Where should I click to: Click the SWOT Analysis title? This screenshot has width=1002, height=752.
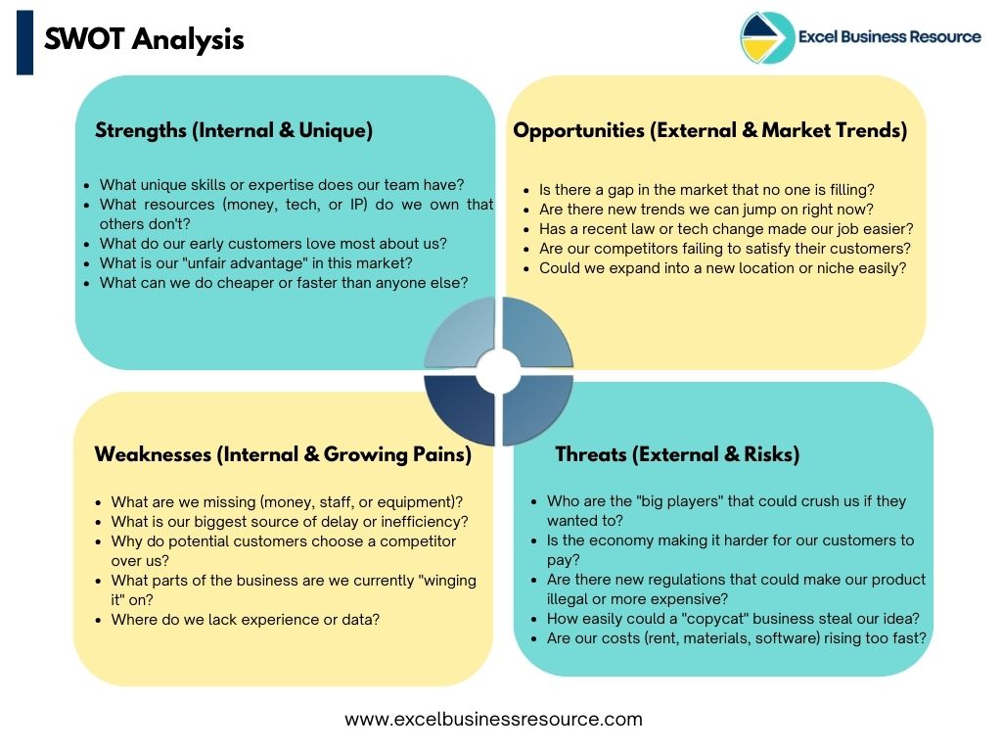tap(144, 39)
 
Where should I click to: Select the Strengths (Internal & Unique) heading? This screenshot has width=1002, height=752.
tap(233, 130)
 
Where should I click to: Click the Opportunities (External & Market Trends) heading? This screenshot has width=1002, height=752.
tap(710, 130)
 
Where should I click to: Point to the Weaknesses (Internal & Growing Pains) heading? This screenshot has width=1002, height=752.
tap(283, 454)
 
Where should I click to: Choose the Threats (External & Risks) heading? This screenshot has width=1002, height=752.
tap(677, 454)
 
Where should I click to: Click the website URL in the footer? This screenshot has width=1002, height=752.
tap(493, 719)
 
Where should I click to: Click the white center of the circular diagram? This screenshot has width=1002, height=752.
tap(499, 369)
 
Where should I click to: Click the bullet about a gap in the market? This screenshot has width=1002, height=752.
tap(706, 190)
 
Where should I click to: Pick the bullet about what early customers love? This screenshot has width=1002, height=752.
tap(273, 243)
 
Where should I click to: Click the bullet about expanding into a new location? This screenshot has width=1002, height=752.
tap(723, 268)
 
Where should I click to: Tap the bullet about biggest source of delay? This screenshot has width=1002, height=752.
tap(290, 522)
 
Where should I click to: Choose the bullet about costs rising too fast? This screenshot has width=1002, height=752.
tap(736, 637)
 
